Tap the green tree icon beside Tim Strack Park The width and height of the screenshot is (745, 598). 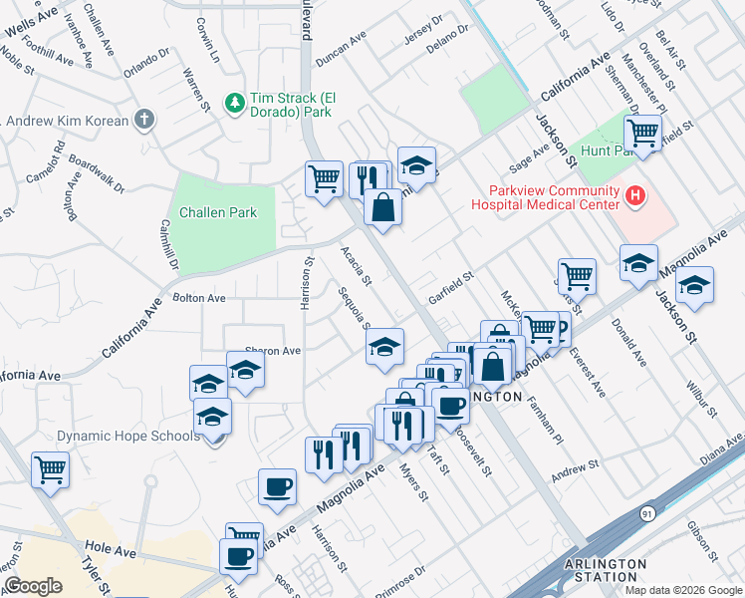(x=234, y=102)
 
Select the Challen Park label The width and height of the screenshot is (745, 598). (x=218, y=212)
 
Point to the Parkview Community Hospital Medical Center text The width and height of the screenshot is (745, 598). (x=547, y=197)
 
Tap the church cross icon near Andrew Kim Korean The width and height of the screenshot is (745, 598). (x=144, y=121)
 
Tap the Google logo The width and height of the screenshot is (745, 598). (x=33, y=585)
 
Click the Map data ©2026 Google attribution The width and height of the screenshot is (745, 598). (x=683, y=590)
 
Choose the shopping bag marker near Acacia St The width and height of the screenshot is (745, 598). (x=382, y=207)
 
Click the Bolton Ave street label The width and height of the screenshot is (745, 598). (x=199, y=298)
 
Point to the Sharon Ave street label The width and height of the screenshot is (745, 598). (x=273, y=351)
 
